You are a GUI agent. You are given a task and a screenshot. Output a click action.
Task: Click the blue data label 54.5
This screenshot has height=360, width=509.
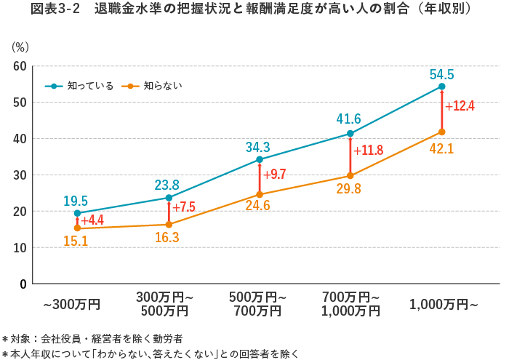tap(441, 74)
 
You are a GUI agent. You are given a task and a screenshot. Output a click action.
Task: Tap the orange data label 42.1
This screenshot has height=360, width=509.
tap(441, 148)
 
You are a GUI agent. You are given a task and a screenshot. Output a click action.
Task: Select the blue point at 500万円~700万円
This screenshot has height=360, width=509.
tap(260, 159)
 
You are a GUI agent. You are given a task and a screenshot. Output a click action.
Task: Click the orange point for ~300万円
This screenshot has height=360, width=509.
tap(78, 228)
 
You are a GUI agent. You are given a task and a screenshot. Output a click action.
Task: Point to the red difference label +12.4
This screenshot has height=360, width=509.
tap(460, 106)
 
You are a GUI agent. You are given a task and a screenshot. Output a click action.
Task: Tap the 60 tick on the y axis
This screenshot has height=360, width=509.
tap(20, 66)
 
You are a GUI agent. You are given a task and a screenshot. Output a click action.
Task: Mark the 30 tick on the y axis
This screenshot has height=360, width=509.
tap(20, 175)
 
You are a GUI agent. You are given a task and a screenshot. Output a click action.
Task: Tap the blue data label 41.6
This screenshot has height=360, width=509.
tap(349, 119)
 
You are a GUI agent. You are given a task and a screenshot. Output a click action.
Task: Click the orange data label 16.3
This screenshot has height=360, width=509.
tap(169, 237)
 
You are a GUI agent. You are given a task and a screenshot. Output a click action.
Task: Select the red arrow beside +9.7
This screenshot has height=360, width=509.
tap(260, 177)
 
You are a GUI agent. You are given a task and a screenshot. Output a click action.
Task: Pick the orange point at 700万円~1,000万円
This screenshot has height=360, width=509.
tap(350, 175)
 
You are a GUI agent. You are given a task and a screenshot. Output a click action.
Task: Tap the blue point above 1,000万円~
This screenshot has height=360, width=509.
tap(441, 87)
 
